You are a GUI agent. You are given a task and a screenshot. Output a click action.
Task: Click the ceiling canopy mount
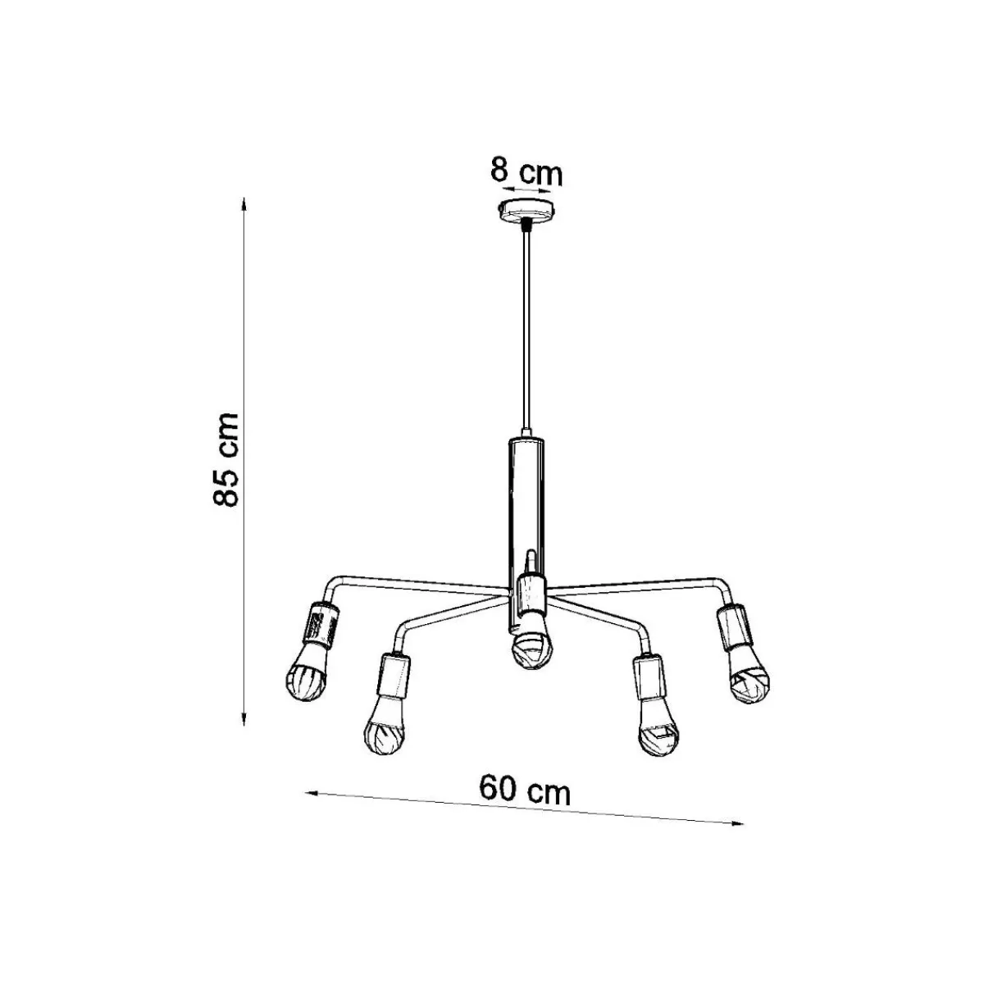pos(526,212)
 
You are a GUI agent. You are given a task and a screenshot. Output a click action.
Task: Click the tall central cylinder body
pos(526,531)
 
